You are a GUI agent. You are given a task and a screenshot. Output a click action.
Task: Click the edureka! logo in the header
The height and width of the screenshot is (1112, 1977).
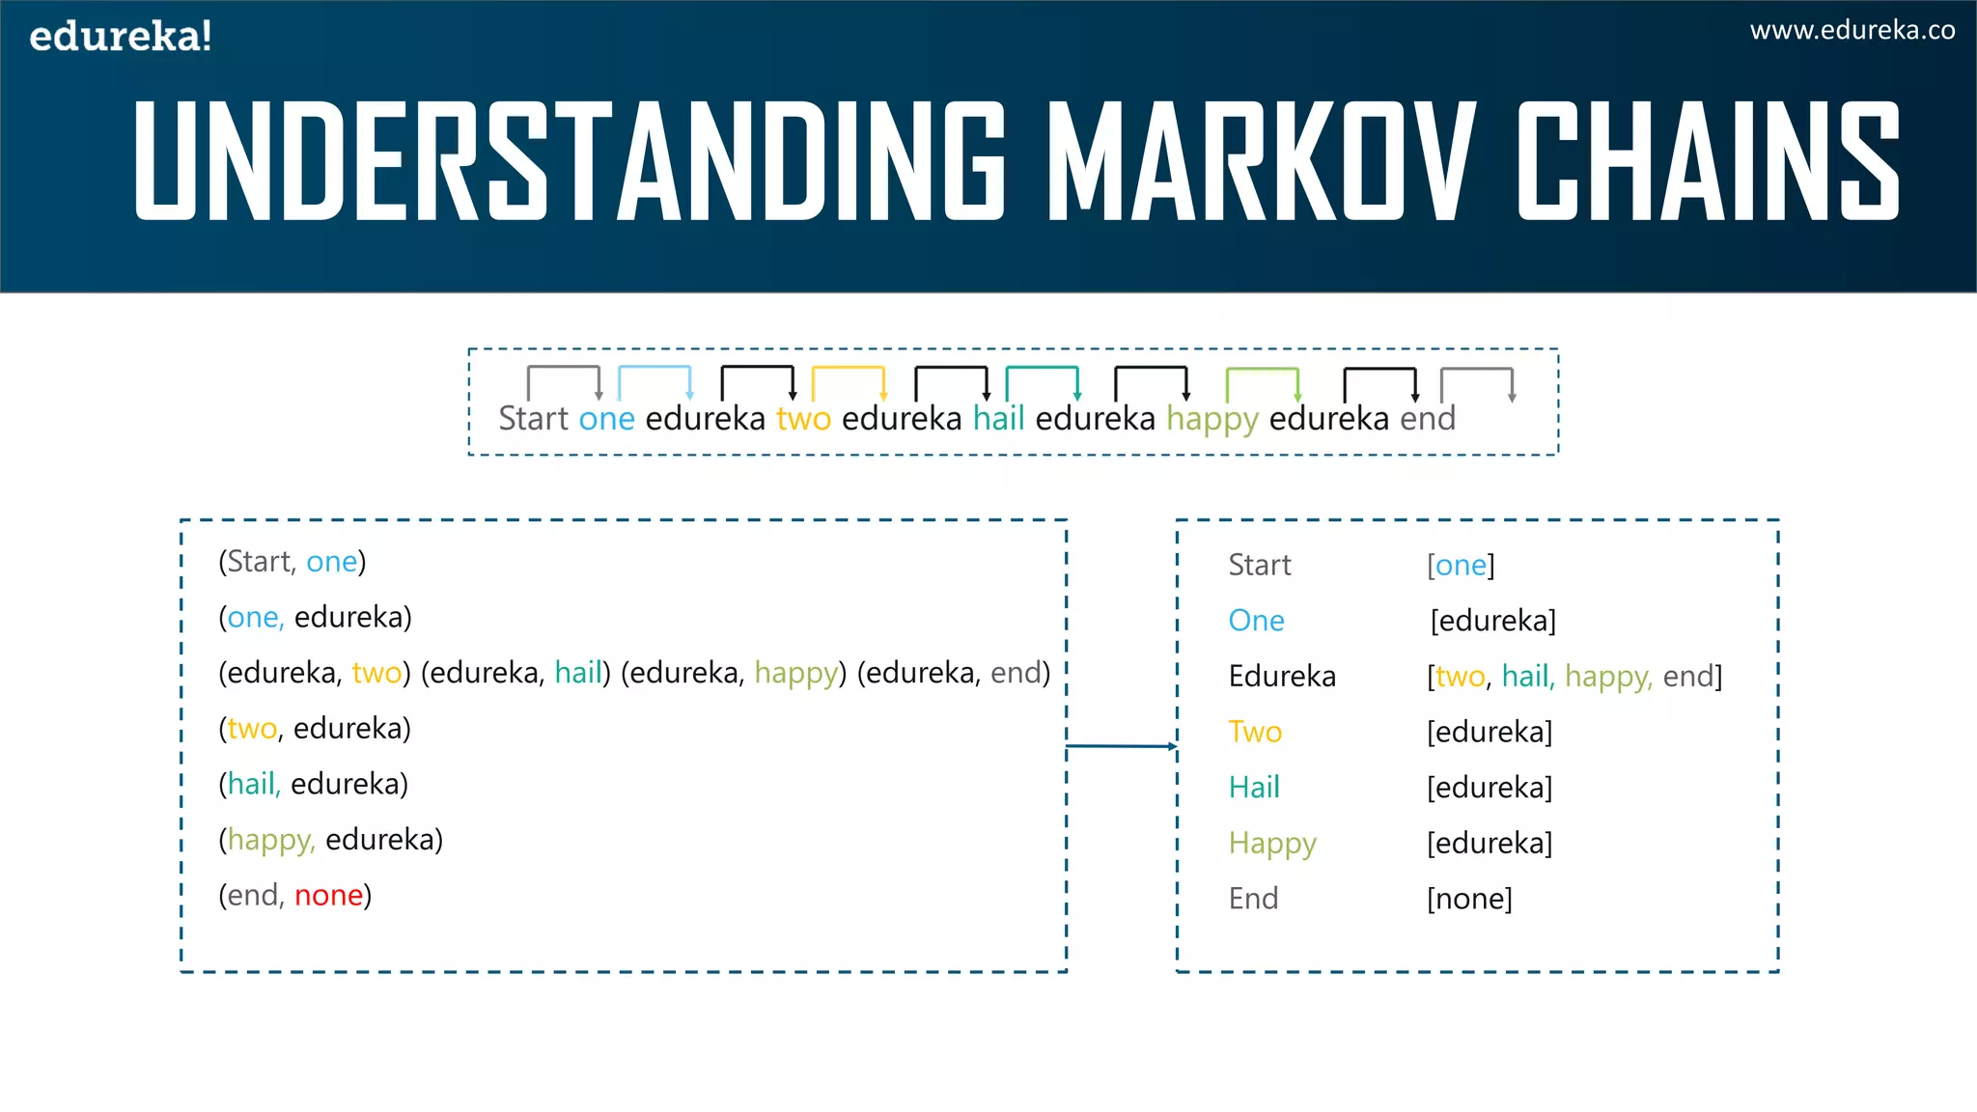(121, 37)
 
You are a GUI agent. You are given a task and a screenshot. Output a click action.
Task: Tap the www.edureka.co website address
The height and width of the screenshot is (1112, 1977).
(1852, 31)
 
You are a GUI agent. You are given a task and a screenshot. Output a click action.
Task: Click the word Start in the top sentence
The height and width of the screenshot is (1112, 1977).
(533, 419)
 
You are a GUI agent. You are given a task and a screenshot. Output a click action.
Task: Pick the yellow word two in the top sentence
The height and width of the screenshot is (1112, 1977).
(803, 419)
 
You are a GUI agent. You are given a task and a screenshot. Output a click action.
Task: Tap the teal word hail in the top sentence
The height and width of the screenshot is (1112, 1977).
(998, 419)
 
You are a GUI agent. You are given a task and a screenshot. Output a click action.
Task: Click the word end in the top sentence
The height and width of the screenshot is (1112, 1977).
(1428, 419)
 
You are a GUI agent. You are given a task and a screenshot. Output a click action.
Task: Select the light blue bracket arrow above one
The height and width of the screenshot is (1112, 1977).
(654, 381)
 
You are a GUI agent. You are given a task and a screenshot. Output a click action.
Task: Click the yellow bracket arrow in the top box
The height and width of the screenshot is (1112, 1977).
(849, 381)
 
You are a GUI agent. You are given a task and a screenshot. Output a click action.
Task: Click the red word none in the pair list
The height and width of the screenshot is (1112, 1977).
(328, 896)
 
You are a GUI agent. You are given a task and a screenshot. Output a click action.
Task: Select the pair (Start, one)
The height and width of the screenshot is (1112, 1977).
(292, 562)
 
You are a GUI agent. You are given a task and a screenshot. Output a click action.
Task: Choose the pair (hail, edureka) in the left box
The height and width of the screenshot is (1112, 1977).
(314, 784)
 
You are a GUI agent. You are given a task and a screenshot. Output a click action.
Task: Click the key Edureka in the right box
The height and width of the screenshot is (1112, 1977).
(1282, 677)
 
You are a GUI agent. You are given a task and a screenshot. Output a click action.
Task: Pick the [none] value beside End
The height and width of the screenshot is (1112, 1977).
(1469, 899)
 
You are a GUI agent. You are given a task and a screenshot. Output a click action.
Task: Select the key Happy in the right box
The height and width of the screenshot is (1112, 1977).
(1272, 844)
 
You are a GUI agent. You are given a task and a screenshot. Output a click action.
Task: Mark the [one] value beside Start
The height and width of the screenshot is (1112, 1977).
(1461, 566)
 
